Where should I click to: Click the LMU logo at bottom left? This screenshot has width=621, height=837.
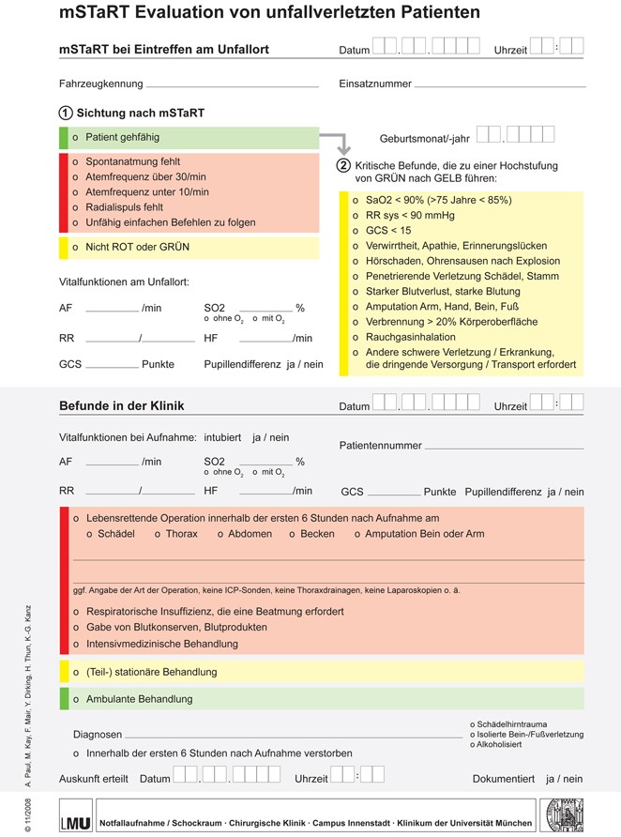(x=76, y=814)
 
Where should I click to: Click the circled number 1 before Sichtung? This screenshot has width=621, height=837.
(x=66, y=113)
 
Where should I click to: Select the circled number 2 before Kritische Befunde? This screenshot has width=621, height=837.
(x=344, y=165)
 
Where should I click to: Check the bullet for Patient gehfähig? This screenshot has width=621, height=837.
(x=75, y=137)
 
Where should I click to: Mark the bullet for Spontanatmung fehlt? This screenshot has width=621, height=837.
(x=75, y=161)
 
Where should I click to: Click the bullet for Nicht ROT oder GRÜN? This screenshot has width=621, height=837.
(x=75, y=248)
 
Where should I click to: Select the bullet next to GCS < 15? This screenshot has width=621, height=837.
(x=356, y=231)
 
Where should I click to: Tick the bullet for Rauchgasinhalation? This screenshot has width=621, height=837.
(x=356, y=337)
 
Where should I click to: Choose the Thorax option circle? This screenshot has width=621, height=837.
(x=158, y=534)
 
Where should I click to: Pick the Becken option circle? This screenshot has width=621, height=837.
(x=292, y=534)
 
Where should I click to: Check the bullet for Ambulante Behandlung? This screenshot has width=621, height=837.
(x=75, y=699)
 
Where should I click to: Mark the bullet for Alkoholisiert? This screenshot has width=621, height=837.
(x=473, y=744)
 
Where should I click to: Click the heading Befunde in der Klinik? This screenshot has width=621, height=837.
(x=121, y=406)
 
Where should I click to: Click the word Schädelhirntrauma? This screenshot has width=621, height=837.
(x=513, y=724)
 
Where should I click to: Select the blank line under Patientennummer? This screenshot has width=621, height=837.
(x=461, y=448)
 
